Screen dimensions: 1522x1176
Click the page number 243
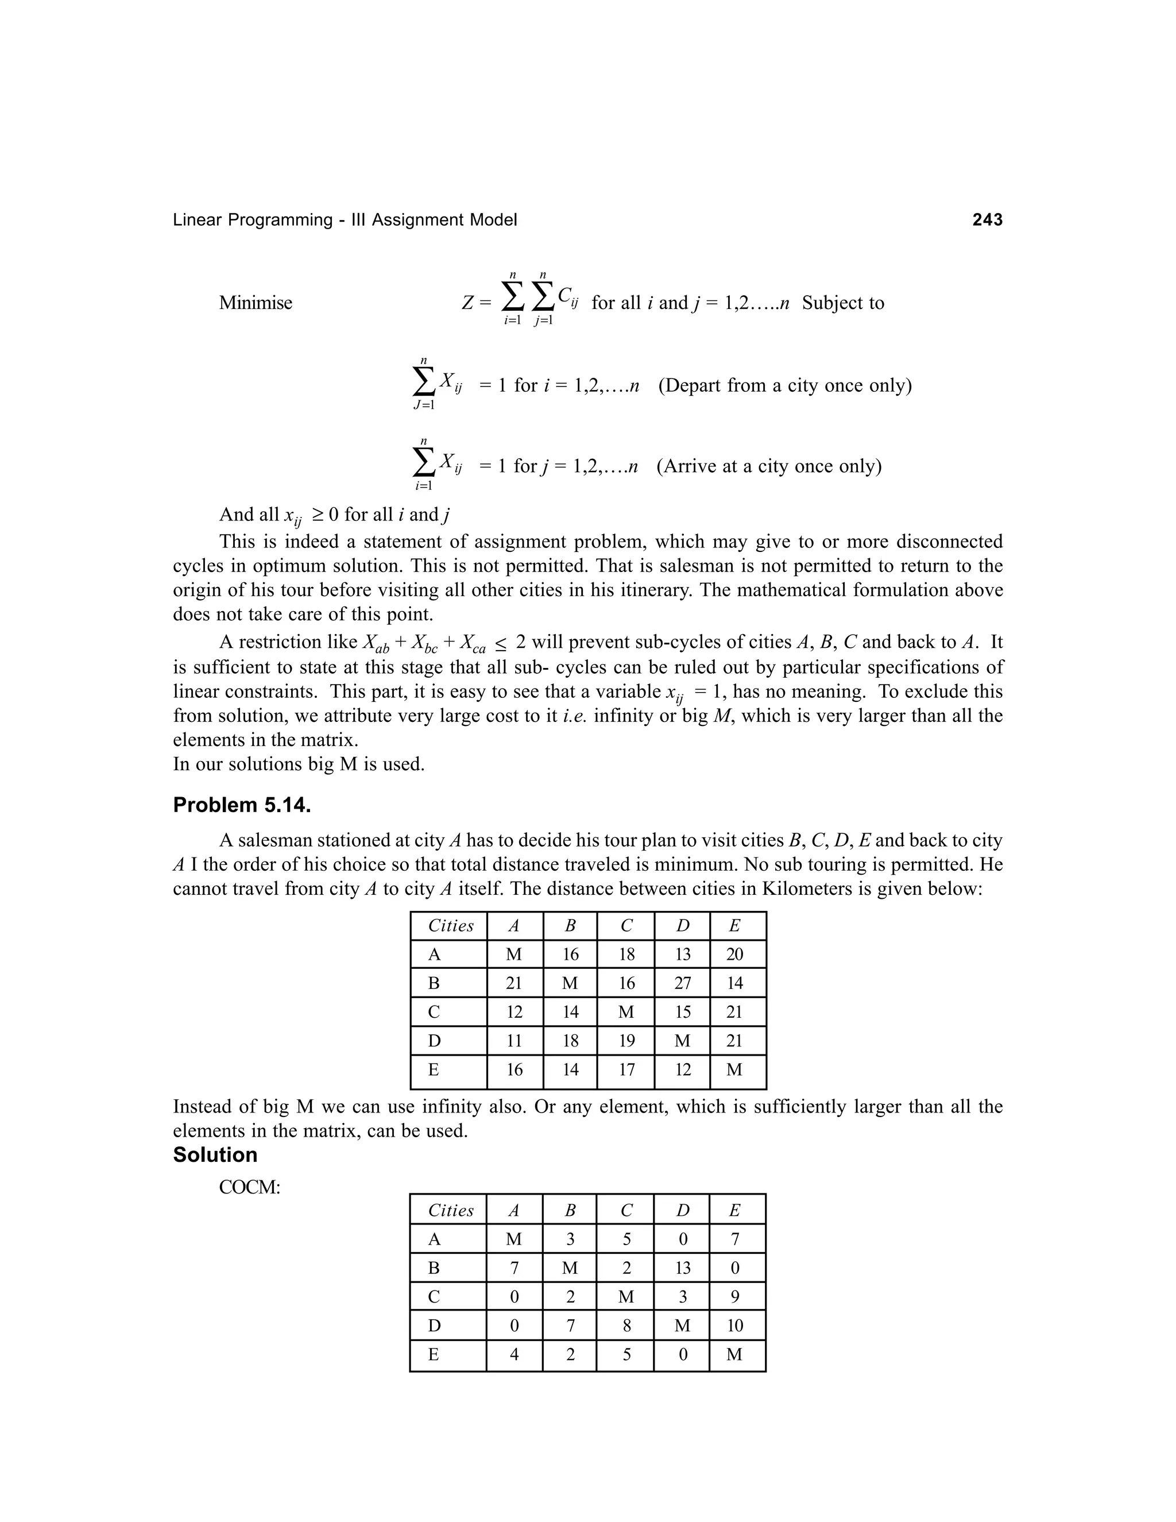tap(987, 220)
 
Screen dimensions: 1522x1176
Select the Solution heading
tap(215, 1155)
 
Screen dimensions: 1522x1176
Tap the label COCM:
tap(249, 1188)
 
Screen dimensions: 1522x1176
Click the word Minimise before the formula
tap(256, 303)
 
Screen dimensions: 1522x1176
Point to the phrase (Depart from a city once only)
tap(784, 385)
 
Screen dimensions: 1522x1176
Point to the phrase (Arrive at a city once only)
tap(768, 466)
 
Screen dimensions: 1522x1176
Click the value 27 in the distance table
tap(682, 983)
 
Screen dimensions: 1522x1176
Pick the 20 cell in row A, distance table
tap(734, 955)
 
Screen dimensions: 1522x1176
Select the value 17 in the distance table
tap(626, 1070)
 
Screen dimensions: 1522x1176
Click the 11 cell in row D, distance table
tap(514, 1041)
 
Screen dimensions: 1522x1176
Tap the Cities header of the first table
tap(450, 926)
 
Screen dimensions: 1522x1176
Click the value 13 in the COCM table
tap(682, 1268)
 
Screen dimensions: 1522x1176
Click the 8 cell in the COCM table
tap(626, 1326)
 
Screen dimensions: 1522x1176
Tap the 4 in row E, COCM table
tap(514, 1355)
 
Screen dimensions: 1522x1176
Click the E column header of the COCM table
tap(734, 1211)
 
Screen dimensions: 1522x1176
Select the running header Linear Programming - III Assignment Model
tap(345, 220)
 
